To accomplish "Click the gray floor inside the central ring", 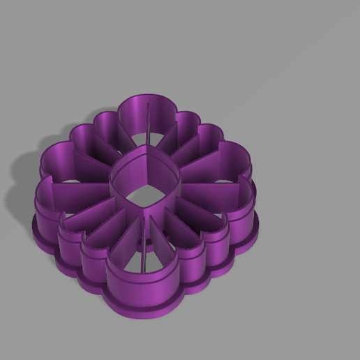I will (x=145, y=192).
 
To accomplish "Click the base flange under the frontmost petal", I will (x=147, y=307).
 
